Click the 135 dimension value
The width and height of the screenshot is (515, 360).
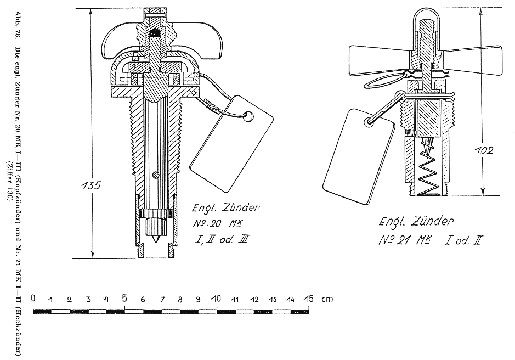(x=91, y=185)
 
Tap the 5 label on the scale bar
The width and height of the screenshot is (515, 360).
(x=124, y=299)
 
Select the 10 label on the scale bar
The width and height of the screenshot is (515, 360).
(x=216, y=299)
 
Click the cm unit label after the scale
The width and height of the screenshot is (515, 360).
(x=327, y=299)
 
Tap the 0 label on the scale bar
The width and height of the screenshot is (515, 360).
(x=33, y=299)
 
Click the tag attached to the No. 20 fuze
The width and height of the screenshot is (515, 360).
(x=232, y=144)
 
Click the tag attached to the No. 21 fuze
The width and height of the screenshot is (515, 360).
(x=359, y=156)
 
